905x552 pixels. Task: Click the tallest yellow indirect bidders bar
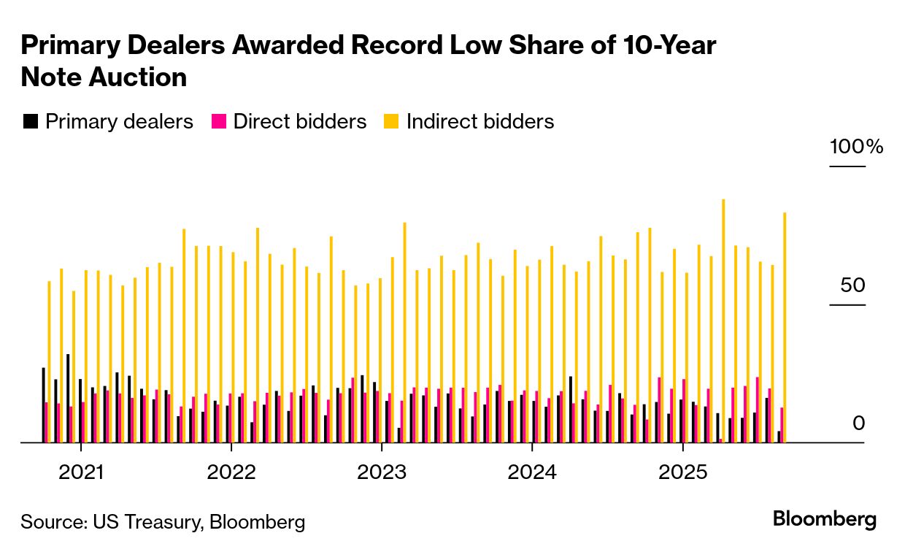pos(723,321)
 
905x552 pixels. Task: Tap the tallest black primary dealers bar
pos(68,398)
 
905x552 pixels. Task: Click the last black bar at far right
pos(779,437)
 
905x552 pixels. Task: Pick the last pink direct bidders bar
pos(782,425)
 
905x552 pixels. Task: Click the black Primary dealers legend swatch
pos(31,121)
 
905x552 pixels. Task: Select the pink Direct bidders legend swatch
pos(218,121)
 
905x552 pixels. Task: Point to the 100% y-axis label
pos(856,147)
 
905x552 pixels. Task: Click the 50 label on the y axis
pos(852,285)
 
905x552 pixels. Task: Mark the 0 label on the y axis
pos(858,423)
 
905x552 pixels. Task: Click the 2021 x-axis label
pos(81,472)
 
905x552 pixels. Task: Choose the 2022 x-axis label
pos(231,472)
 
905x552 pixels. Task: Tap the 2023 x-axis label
pos(382,472)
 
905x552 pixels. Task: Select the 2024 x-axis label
pos(532,472)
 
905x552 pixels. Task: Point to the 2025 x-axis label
pos(682,472)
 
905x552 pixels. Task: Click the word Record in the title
pos(396,45)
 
